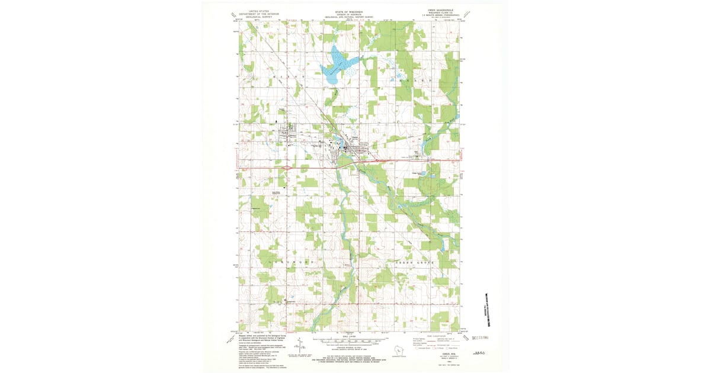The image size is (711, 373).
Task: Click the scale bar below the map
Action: pos(349,342)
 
